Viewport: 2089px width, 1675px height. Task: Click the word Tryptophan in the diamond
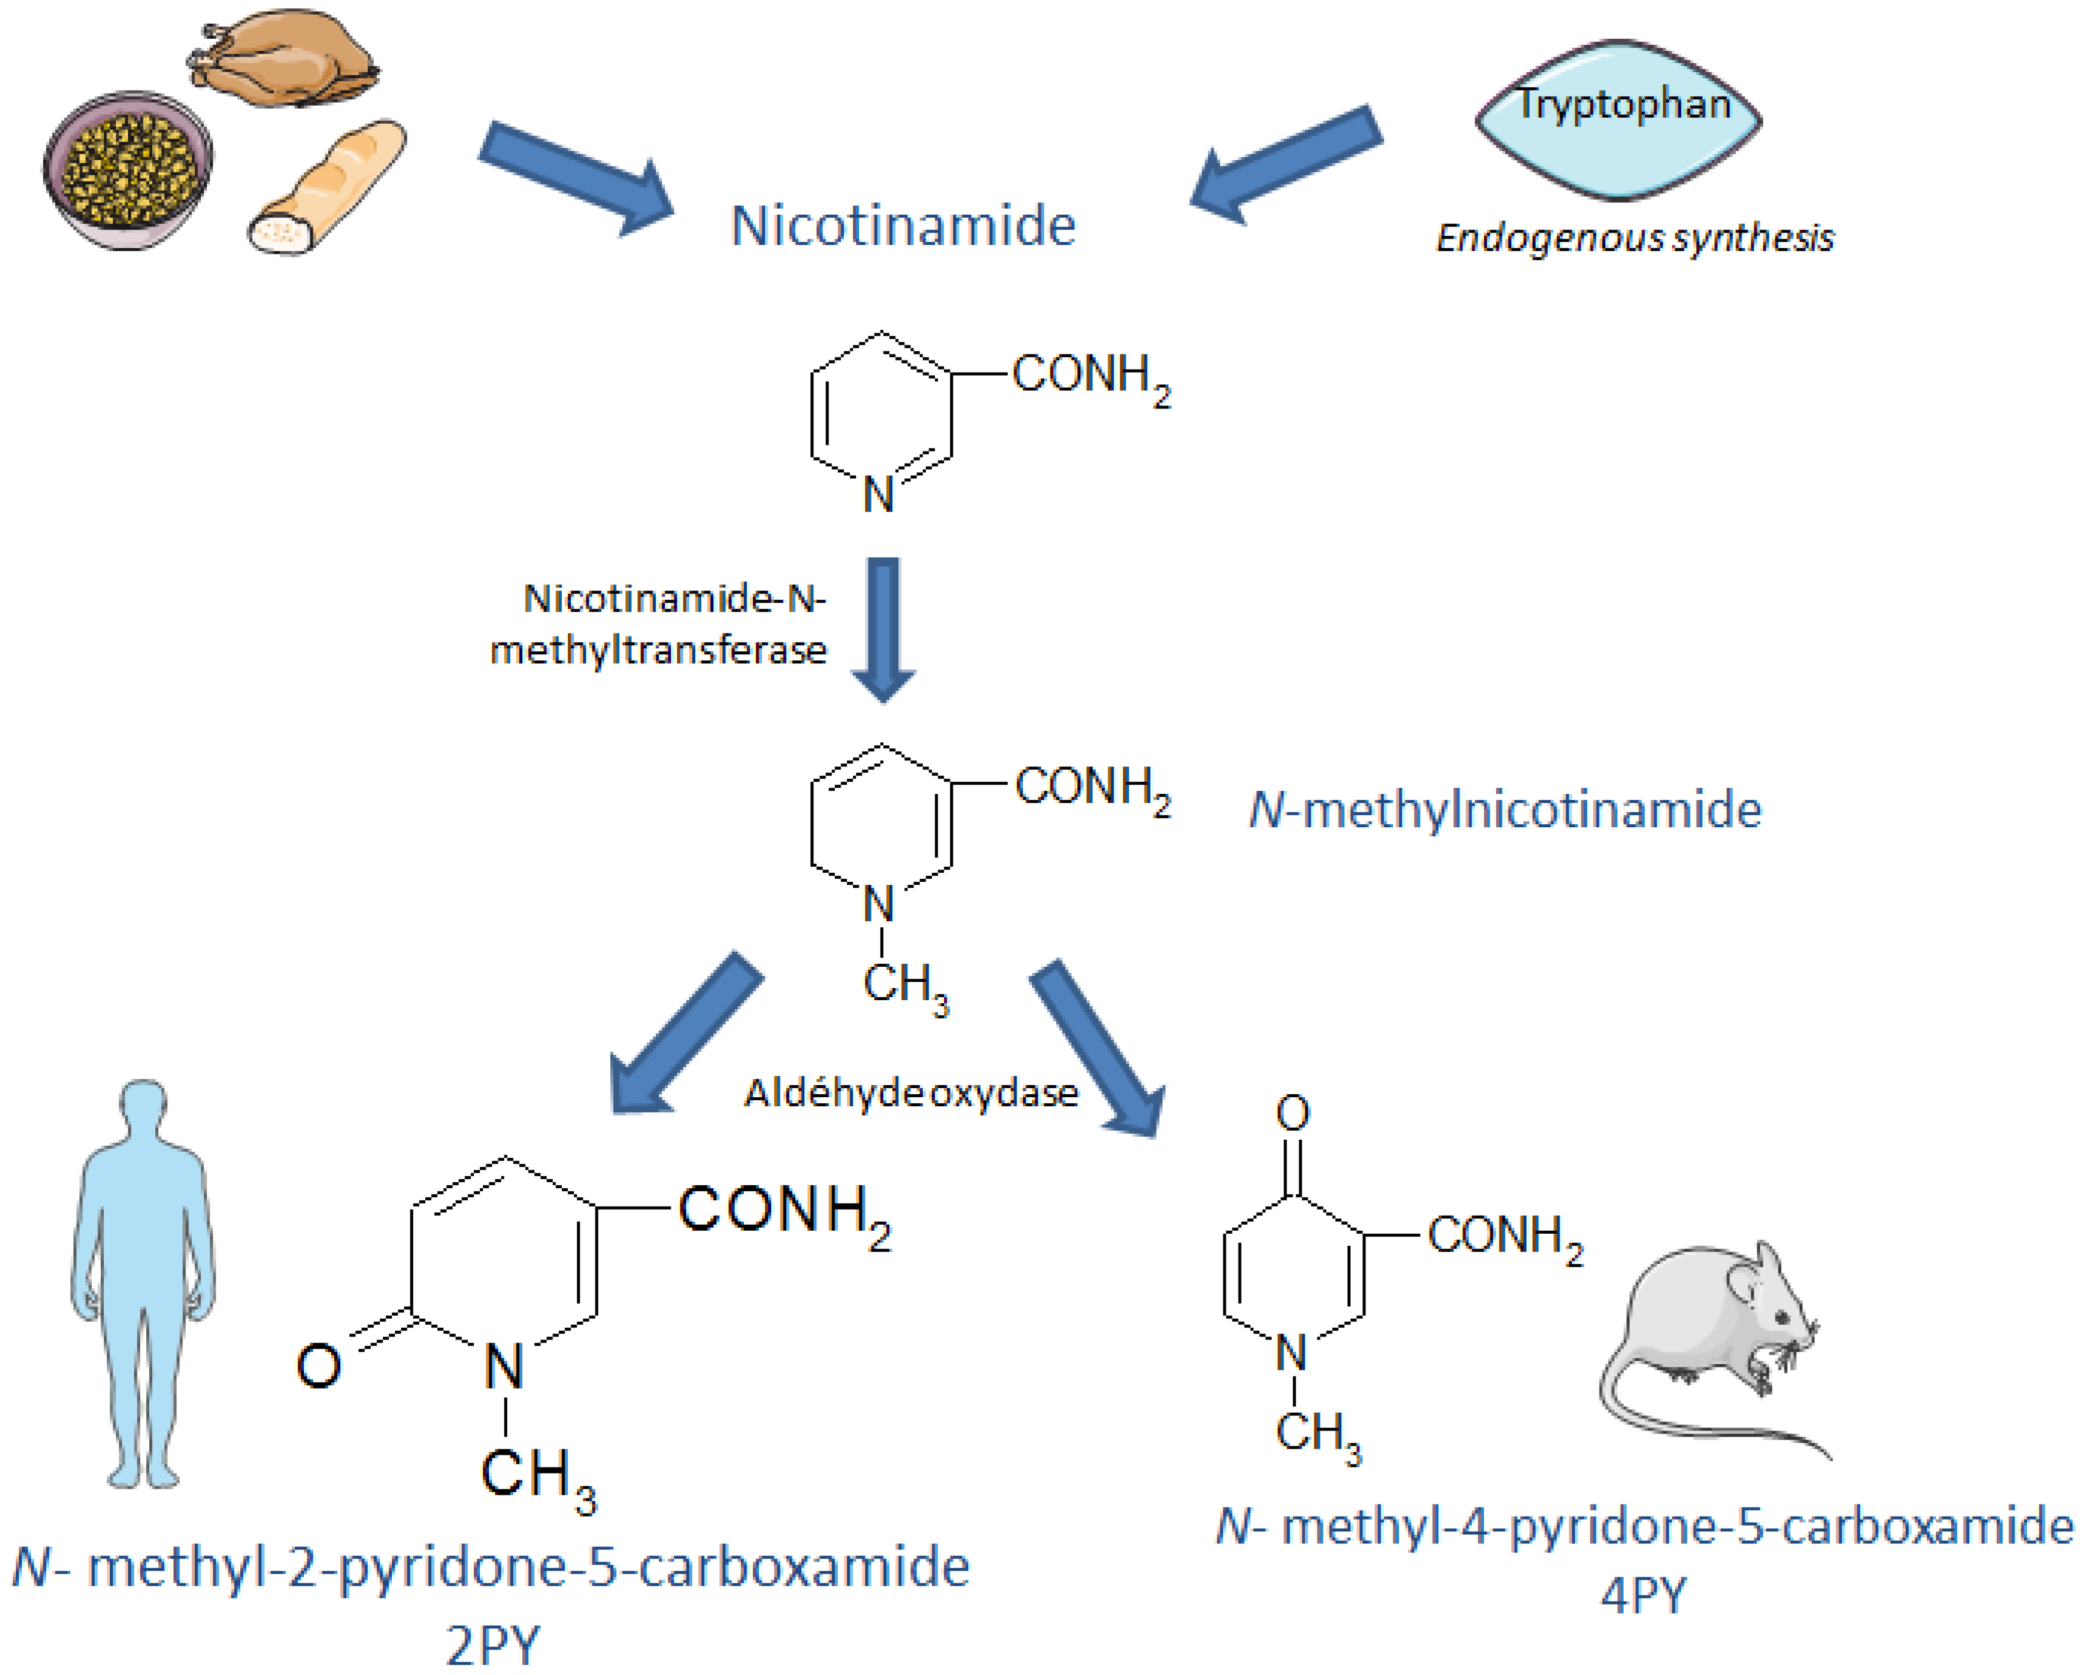(x=1624, y=104)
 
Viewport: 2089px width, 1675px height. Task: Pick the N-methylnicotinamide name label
(x=1504, y=810)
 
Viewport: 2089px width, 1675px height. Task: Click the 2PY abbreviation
(x=492, y=1644)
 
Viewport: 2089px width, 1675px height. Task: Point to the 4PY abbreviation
(x=1643, y=1594)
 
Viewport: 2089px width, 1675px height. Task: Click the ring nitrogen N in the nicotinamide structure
(x=878, y=495)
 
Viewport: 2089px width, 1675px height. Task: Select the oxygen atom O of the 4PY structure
(x=1293, y=1113)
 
